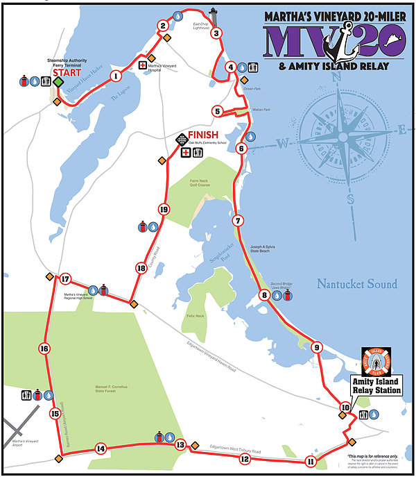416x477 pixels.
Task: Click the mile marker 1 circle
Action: point(115,76)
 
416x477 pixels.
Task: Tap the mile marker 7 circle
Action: point(238,221)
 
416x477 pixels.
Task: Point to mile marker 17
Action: point(64,280)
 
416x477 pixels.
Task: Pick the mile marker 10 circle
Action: point(345,408)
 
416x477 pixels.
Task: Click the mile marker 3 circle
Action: point(216,33)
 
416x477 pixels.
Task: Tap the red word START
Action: point(67,72)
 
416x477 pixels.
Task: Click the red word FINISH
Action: point(203,135)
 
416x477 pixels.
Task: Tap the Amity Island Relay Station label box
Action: point(376,386)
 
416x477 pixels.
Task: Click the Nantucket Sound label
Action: point(356,284)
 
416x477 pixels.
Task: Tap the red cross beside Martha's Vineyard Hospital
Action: point(143,65)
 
